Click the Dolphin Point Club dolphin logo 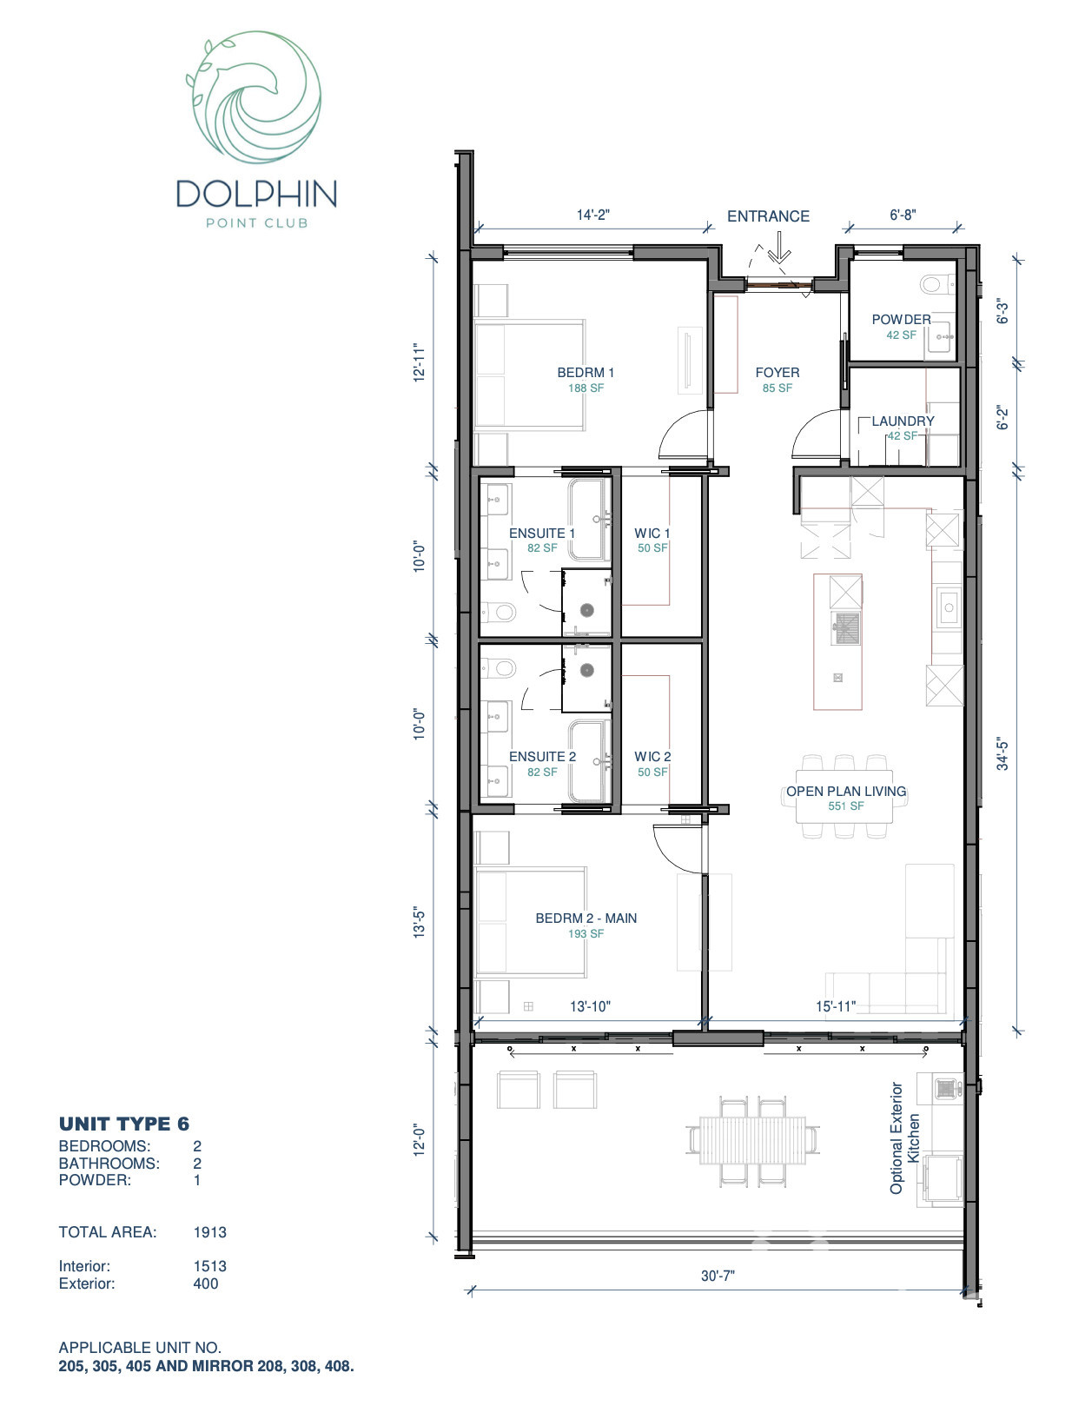click(x=254, y=98)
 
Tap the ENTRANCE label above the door click(x=768, y=216)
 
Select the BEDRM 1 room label click(x=586, y=372)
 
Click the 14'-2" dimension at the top click(x=593, y=215)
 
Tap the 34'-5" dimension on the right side click(x=1003, y=753)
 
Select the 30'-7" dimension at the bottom click(x=718, y=1276)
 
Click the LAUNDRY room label click(x=903, y=421)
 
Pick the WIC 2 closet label click(x=652, y=756)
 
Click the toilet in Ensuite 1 click(x=499, y=613)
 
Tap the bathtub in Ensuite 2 click(x=589, y=760)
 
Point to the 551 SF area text click(x=845, y=806)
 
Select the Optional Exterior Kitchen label click(x=904, y=1137)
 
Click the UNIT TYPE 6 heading click(x=124, y=1124)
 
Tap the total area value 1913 click(x=209, y=1232)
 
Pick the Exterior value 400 click(x=206, y=1283)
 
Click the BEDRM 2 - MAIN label click(x=586, y=918)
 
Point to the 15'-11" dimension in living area click(x=835, y=1006)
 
